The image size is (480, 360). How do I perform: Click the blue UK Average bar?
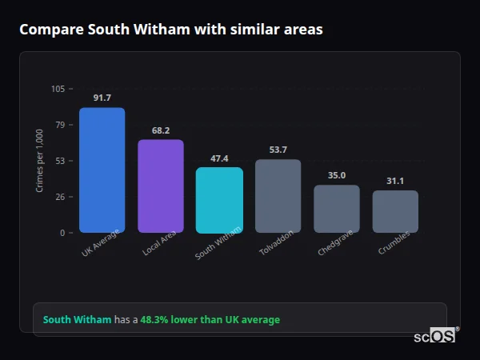pyautogui.click(x=102, y=170)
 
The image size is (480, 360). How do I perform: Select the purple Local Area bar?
pyautogui.click(x=160, y=186)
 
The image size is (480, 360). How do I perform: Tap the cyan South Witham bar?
pyautogui.click(x=219, y=199)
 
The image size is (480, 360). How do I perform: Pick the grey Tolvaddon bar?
pyautogui.click(x=278, y=195)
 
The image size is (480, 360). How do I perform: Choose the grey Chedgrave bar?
pyautogui.click(x=336, y=208)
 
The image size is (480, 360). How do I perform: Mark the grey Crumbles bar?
pyautogui.click(x=395, y=211)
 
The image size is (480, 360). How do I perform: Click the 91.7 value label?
pyautogui.click(x=102, y=98)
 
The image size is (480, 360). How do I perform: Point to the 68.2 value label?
pyautogui.click(x=160, y=130)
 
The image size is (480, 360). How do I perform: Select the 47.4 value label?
pyautogui.click(x=219, y=158)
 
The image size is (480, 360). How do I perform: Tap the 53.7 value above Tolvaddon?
pyautogui.click(x=278, y=150)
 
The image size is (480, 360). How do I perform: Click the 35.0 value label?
pyautogui.click(x=336, y=175)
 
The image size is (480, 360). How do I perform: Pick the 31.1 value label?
pyautogui.click(x=395, y=181)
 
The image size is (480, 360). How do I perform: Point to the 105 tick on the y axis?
pyautogui.click(x=58, y=89)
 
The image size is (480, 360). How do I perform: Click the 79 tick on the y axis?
pyautogui.click(x=60, y=125)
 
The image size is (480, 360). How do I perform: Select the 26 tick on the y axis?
pyautogui.click(x=60, y=197)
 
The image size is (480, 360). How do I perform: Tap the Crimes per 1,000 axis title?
pyautogui.click(x=40, y=161)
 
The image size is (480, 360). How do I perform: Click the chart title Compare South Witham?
pyautogui.click(x=171, y=30)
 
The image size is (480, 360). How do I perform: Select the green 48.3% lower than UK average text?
pyautogui.click(x=210, y=320)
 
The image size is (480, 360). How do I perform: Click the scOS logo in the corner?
pyautogui.click(x=435, y=336)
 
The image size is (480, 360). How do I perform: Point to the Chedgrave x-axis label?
pyautogui.click(x=334, y=242)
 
